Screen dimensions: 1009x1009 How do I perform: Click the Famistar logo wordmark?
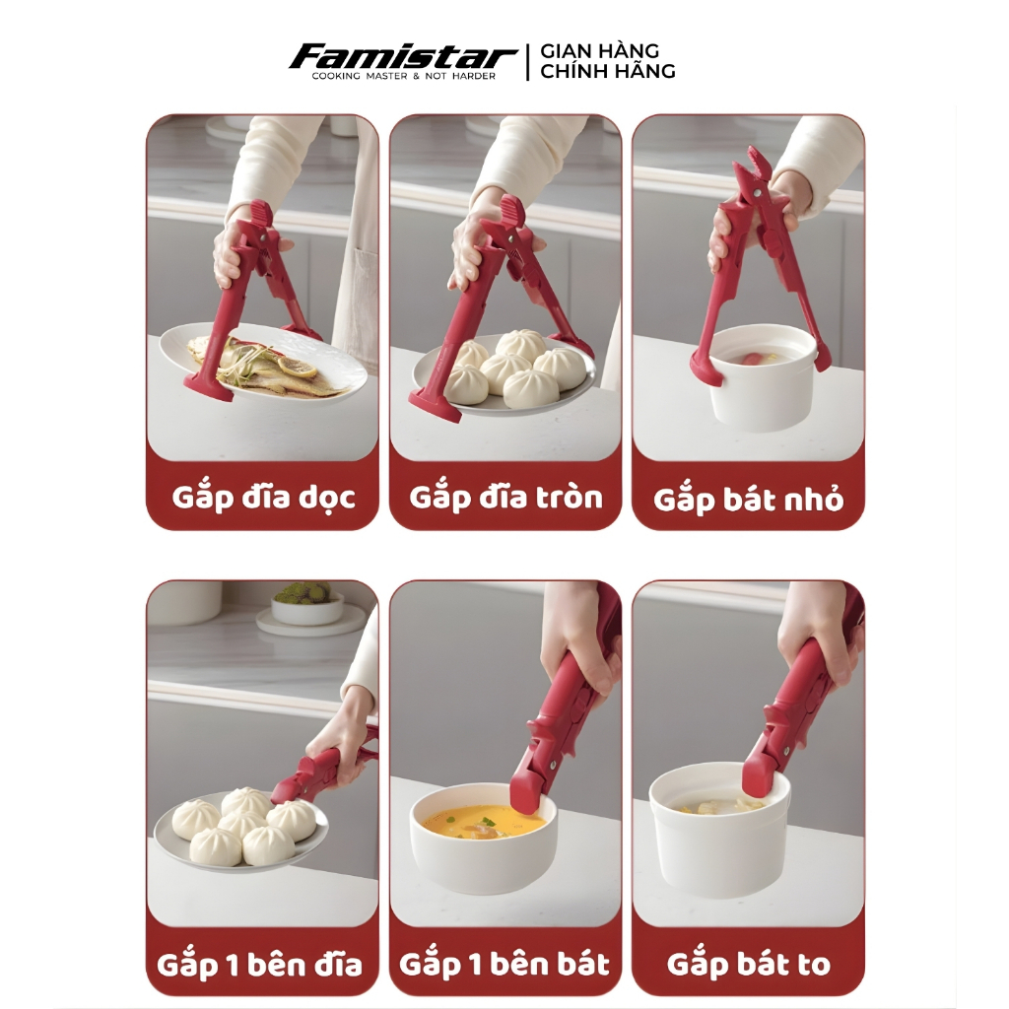403,57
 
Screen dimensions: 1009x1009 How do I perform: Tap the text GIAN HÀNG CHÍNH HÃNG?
607,61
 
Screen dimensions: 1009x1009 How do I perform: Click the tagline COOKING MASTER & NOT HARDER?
403,76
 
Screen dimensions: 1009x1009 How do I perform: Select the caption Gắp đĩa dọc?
263,498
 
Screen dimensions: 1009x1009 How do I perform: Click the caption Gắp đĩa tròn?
505,498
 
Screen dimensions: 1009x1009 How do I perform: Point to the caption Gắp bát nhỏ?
749,500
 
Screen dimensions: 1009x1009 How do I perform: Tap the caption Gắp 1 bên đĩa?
259,965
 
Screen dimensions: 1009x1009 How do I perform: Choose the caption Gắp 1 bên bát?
504,964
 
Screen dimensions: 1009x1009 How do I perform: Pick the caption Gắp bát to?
749,964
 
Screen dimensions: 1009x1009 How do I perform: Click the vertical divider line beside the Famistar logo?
528,62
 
